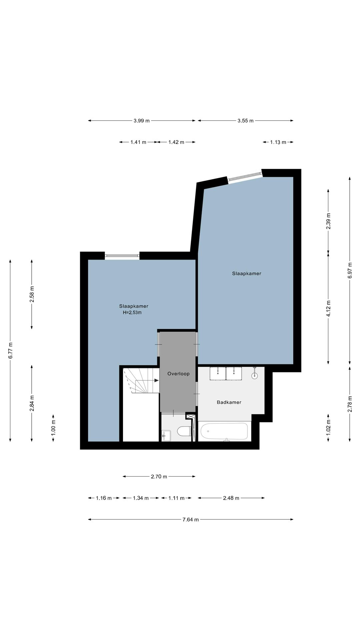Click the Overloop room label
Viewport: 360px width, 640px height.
tap(178, 374)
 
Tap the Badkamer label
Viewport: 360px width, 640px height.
tap(229, 402)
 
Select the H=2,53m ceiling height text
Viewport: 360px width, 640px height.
tap(132, 313)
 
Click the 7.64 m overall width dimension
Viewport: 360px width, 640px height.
tap(191, 519)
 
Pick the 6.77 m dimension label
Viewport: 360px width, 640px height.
tap(10, 351)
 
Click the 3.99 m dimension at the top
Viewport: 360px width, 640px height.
tap(142, 121)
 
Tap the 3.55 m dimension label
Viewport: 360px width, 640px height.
tap(246, 121)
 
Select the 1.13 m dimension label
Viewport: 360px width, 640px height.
tap(278, 142)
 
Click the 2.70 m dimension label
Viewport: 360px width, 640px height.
tap(159, 477)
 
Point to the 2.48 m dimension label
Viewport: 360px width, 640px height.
tap(231, 498)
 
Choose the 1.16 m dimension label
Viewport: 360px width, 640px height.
tap(104, 498)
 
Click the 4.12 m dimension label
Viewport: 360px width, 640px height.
tap(328, 308)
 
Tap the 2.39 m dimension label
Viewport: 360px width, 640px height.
tap(328, 221)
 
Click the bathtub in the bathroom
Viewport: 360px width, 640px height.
tap(224, 431)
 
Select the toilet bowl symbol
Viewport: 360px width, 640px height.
tap(184, 431)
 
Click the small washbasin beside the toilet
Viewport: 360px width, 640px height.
tap(166, 435)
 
